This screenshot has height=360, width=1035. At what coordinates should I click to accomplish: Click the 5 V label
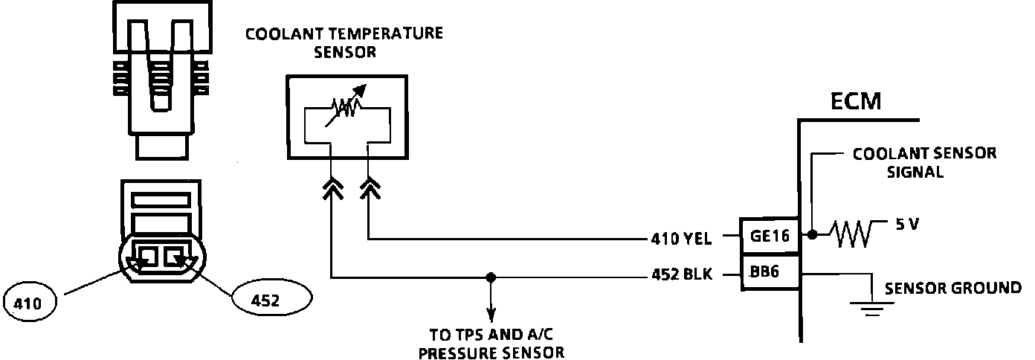[x=908, y=223]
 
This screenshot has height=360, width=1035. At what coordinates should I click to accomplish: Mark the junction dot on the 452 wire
[x=489, y=277]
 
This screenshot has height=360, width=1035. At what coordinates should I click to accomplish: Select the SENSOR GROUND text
[x=952, y=288]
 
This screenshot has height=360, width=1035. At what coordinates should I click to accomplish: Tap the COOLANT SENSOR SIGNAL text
[x=924, y=163]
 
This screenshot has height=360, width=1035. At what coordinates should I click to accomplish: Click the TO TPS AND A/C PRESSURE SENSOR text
[x=490, y=343]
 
